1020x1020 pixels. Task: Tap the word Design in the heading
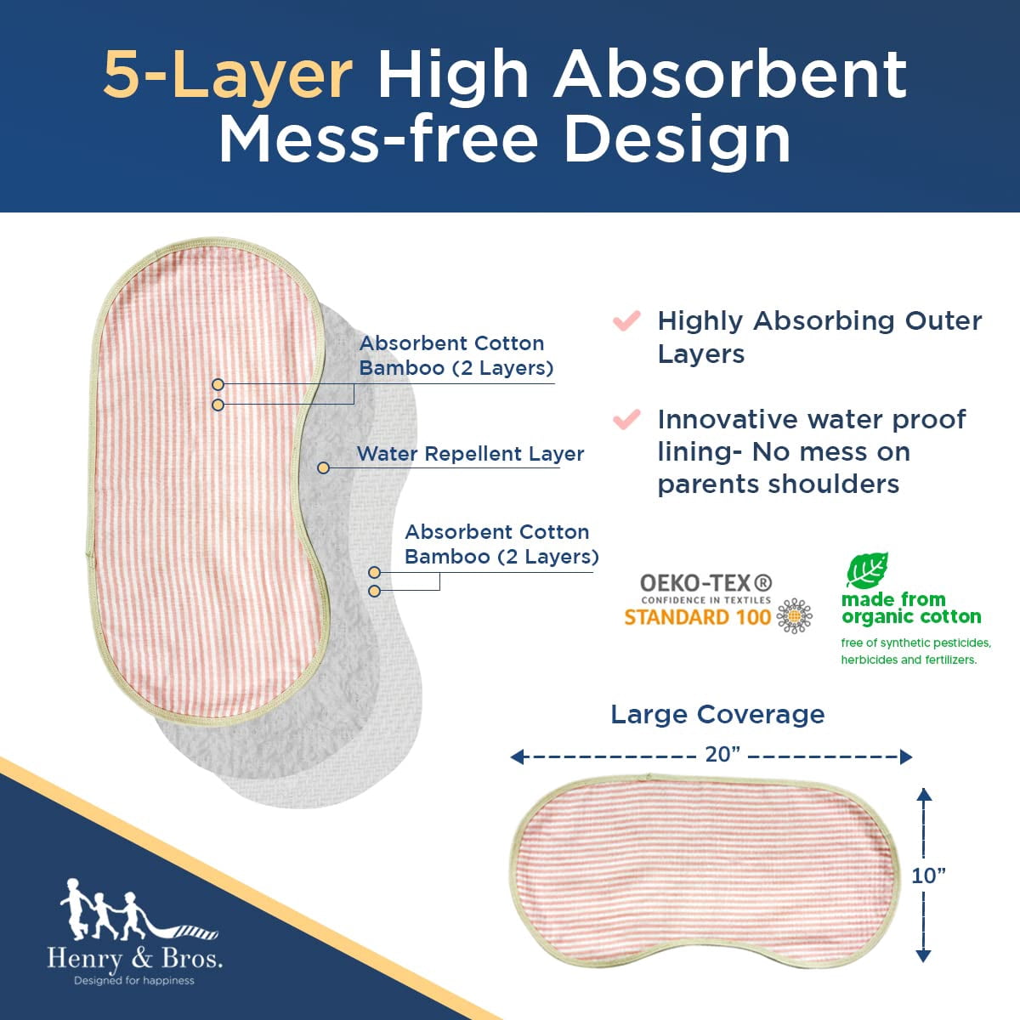coord(677,139)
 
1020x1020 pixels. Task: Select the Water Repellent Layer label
coord(470,454)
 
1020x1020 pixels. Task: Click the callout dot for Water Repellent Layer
coord(323,467)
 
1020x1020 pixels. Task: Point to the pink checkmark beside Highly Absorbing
coord(626,320)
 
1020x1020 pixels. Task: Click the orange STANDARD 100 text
coord(697,617)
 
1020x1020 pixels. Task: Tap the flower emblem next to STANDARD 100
coord(794,616)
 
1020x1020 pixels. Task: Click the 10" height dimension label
coord(928,876)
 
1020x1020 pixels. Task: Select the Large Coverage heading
coord(717,715)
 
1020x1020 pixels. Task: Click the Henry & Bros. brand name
coord(135,959)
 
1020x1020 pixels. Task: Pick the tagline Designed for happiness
coord(134,981)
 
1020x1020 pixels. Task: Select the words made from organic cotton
coord(911,608)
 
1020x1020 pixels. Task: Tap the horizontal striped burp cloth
coord(704,876)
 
